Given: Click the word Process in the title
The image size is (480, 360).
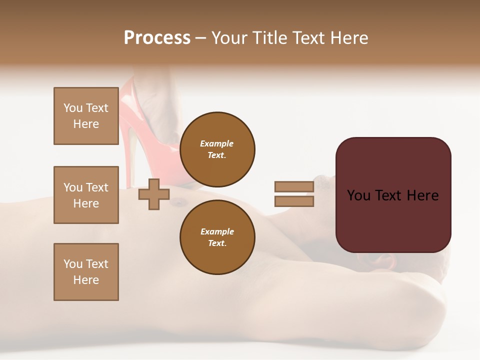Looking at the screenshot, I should pyautogui.click(x=157, y=38).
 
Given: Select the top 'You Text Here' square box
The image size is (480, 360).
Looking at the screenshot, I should pyautogui.click(x=86, y=116).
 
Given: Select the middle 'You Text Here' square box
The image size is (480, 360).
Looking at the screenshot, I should pyautogui.click(x=86, y=195).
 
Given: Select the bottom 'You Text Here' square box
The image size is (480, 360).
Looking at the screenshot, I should pyautogui.click(x=86, y=272).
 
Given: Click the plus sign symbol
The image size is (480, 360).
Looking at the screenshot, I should pyautogui.click(x=154, y=194).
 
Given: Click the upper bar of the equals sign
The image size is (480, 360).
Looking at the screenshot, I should pyautogui.click(x=294, y=186).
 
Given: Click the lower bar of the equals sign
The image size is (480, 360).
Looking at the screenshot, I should pyautogui.click(x=294, y=201).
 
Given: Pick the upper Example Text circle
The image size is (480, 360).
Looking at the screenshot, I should pyautogui.click(x=217, y=149).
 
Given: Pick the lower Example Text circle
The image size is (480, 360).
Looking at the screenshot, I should pyautogui.click(x=217, y=237).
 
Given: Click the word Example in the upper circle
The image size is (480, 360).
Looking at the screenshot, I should pyautogui.click(x=217, y=143).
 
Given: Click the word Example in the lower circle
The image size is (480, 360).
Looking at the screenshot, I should pyautogui.click(x=217, y=231).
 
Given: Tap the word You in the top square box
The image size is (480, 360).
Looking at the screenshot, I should pyautogui.click(x=73, y=108).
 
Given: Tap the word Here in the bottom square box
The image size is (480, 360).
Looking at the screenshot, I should pyautogui.click(x=86, y=280).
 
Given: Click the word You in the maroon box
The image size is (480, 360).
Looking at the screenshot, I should pyautogui.click(x=358, y=195).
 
